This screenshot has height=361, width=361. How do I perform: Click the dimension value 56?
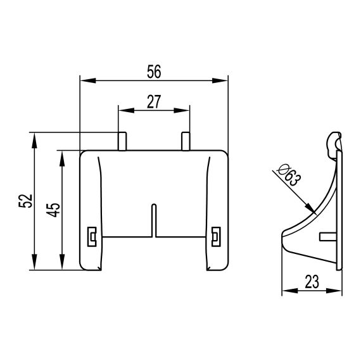[154, 72]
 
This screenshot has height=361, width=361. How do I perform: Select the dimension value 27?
[154, 102]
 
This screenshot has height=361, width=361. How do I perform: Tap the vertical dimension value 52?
[25, 201]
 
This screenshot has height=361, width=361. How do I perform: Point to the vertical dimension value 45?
[53, 210]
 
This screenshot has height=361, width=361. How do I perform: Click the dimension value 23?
[312, 282]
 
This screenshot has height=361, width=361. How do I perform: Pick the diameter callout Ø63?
[289, 175]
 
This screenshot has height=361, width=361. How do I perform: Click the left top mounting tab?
[122, 141]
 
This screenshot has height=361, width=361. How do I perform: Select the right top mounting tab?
[186, 141]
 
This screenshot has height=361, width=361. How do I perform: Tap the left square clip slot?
[92, 237]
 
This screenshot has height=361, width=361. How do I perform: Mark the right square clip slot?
[216, 237]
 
